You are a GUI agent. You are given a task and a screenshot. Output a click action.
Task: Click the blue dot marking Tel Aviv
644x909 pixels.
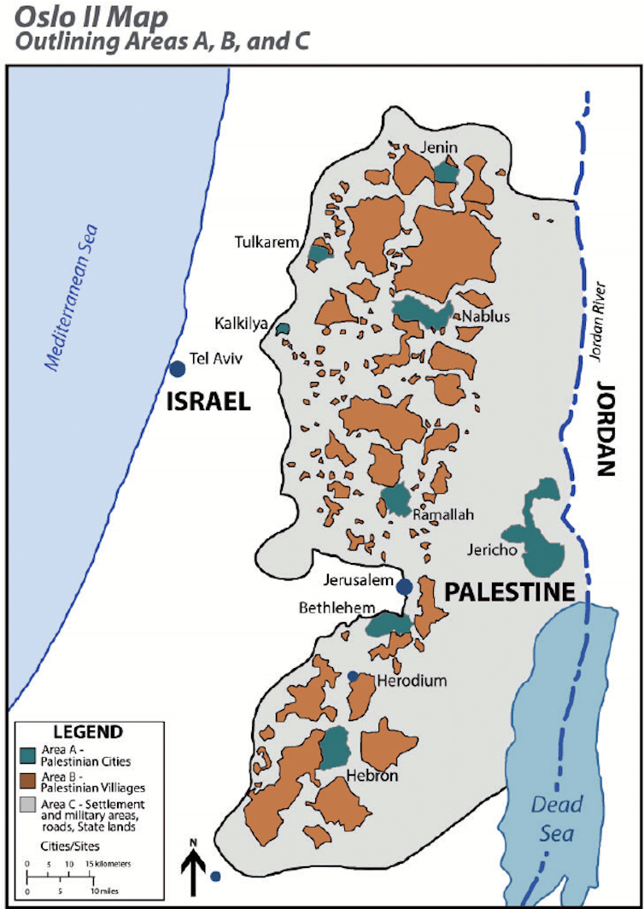coord(177,369)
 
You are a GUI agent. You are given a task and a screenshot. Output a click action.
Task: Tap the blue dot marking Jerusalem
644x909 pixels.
coord(405,586)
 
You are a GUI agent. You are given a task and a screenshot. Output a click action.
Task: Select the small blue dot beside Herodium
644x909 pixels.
coord(353,676)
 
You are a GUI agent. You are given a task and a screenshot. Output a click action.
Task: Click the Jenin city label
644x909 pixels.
coord(440,148)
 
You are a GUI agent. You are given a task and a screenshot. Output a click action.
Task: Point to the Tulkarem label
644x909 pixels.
coord(267,243)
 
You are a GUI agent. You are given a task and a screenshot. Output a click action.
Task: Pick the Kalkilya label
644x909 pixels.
coord(241,325)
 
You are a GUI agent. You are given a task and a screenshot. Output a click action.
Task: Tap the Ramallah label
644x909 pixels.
coord(442,515)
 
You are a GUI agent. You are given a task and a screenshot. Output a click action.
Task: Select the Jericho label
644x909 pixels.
coord(491,550)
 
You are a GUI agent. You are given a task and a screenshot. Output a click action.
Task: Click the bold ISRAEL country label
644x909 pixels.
coord(208,402)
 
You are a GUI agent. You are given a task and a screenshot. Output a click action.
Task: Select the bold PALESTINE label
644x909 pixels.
coord(507,591)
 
